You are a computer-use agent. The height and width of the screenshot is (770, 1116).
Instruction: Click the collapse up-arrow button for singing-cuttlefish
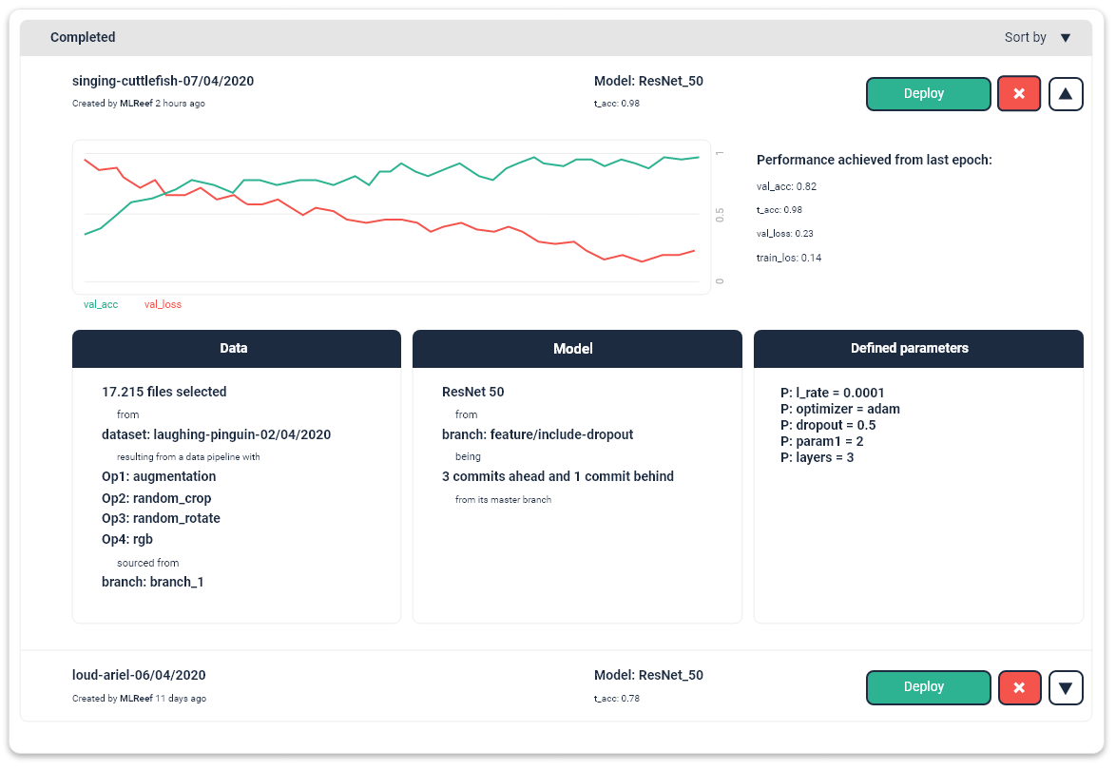coord(1066,94)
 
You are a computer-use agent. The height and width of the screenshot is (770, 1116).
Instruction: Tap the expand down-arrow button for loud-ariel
coord(1066,687)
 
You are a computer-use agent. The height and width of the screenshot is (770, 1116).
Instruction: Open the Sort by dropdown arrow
coord(1065,38)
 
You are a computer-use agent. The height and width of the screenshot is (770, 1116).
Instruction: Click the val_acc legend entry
coord(101,305)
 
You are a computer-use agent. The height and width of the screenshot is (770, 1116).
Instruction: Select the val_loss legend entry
coord(163,305)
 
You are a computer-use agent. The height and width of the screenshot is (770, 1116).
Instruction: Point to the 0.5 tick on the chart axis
coord(720,215)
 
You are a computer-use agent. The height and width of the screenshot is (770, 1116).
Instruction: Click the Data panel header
coord(234,349)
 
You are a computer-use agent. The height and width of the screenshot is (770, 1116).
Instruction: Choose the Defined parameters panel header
coord(918,349)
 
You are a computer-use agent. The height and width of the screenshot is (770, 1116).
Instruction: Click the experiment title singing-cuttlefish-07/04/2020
coord(163,82)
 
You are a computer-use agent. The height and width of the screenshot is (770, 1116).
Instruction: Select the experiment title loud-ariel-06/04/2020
coord(139,676)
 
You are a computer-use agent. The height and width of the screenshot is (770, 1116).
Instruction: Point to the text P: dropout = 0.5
coord(827,426)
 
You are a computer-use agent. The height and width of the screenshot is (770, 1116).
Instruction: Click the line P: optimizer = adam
coord(839,410)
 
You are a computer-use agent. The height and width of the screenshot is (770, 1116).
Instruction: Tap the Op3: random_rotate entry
coord(161,519)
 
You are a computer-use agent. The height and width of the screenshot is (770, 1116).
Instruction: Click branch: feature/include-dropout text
coord(537,435)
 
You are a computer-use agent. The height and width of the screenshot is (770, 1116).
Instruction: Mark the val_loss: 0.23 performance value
coord(785,234)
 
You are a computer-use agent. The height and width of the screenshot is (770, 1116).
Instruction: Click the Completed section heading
coord(83,38)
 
